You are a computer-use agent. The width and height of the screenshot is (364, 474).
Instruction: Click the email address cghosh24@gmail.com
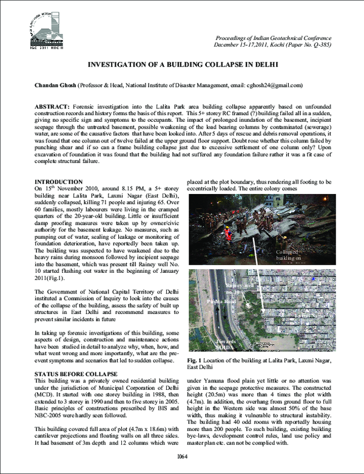(x=272, y=85)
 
